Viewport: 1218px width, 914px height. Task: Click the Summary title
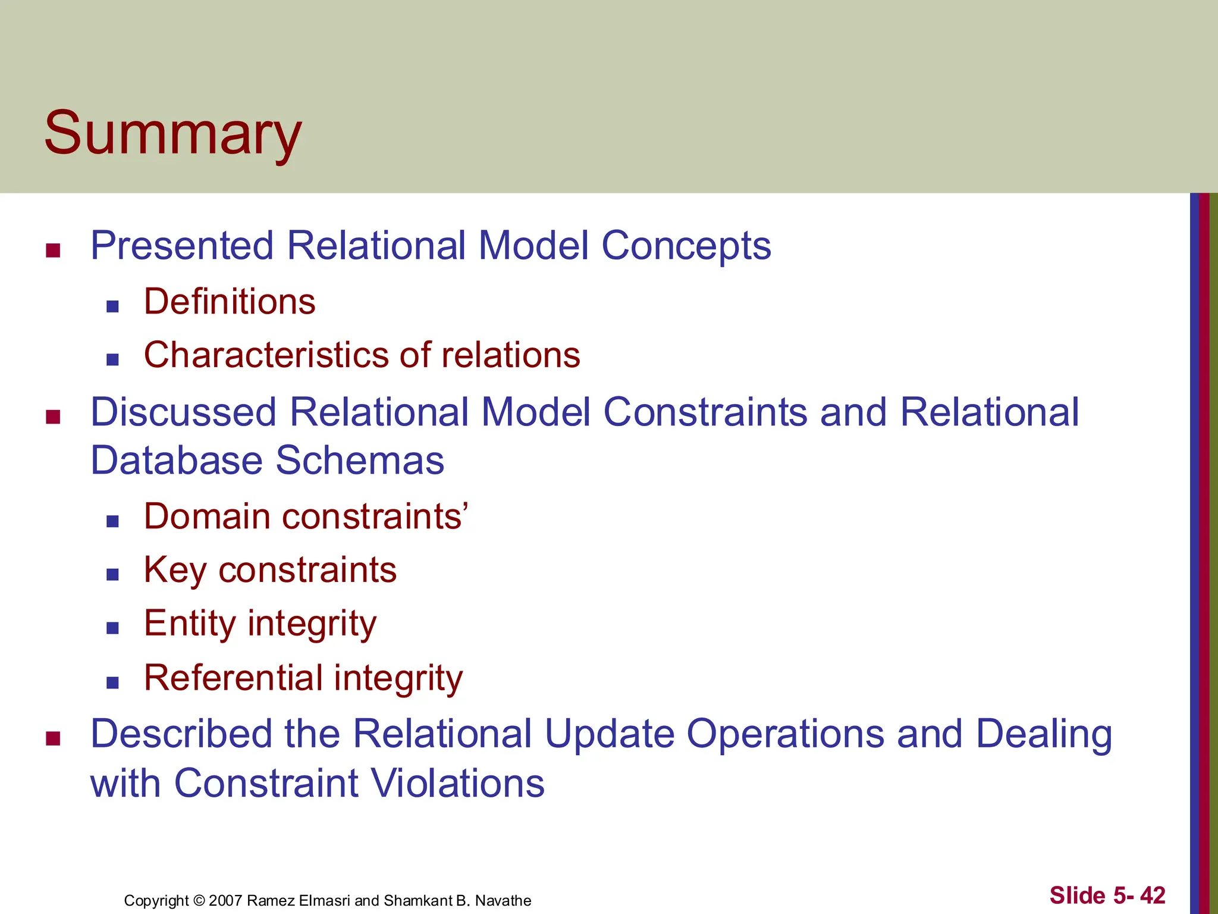pyautogui.click(x=173, y=134)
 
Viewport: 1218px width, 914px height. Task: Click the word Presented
pyautogui.click(x=181, y=246)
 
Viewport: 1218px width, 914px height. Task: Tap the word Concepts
pyautogui.click(x=686, y=246)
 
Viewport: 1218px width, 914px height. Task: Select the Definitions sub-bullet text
pyautogui.click(x=230, y=302)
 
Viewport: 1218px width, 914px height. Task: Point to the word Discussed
pyautogui.click(x=183, y=412)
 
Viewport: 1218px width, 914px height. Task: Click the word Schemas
pyautogui.click(x=360, y=461)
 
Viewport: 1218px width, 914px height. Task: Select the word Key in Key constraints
pyautogui.click(x=175, y=570)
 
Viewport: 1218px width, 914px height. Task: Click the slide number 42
pyautogui.click(x=1153, y=896)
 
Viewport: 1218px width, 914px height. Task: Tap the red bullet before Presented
pyautogui.click(x=54, y=251)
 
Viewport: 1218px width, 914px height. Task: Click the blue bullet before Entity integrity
pyautogui.click(x=112, y=628)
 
